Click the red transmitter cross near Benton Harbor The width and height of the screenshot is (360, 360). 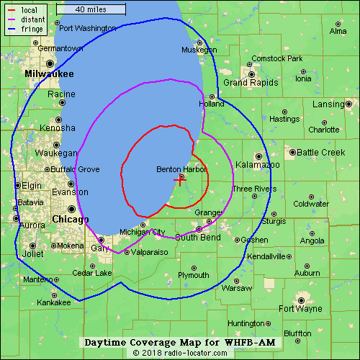click(179, 181)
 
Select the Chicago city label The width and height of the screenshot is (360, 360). click(70, 219)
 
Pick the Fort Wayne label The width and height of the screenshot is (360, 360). click(300, 309)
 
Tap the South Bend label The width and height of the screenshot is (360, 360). click(197, 238)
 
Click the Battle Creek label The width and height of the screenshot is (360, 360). click(321, 153)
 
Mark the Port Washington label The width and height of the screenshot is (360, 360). click(87, 28)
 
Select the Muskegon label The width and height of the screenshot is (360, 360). click(199, 50)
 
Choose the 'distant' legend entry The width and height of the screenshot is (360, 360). click(32, 20)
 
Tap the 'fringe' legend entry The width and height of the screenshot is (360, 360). click(32, 30)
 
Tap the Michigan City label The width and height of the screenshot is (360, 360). click(142, 232)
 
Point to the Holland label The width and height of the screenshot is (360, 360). click(212, 104)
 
